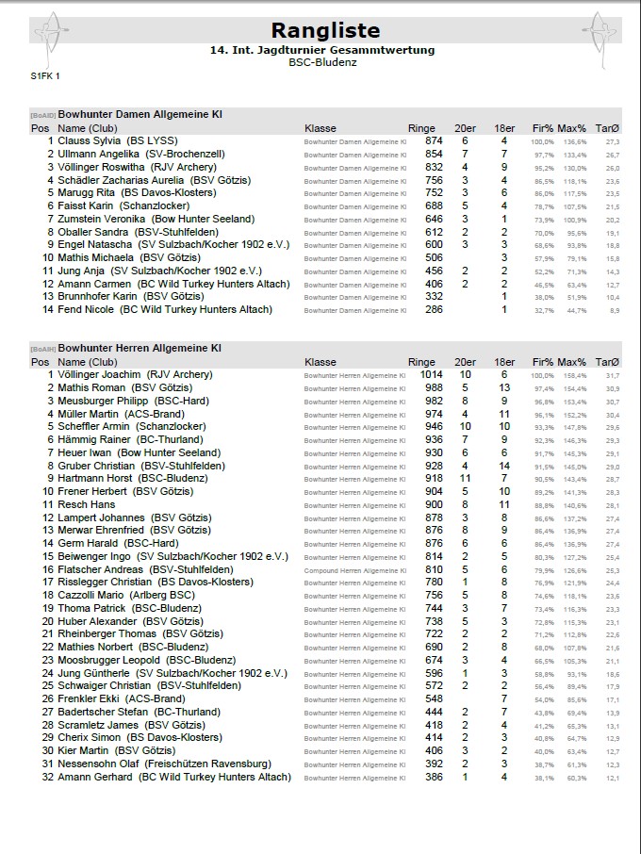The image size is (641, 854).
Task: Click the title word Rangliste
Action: tap(325, 30)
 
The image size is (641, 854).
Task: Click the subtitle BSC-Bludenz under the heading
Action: tap(324, 61)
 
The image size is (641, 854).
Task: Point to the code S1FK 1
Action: tap(45, 75)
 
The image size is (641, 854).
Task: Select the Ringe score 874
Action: tap(433, 140)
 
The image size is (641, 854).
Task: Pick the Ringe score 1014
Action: tap(430, 374)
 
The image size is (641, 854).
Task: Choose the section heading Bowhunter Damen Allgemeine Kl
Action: tap(140, 115)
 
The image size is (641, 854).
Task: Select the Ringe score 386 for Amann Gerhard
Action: tap(433, 777)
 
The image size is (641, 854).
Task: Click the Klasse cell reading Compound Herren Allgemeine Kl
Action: tap(354, 569)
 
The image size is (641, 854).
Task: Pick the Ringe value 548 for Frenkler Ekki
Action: tap(433, 699)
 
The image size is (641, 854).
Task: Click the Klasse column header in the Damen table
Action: tap(320, 128)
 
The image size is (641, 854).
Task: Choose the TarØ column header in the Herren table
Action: tap(607, 362)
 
